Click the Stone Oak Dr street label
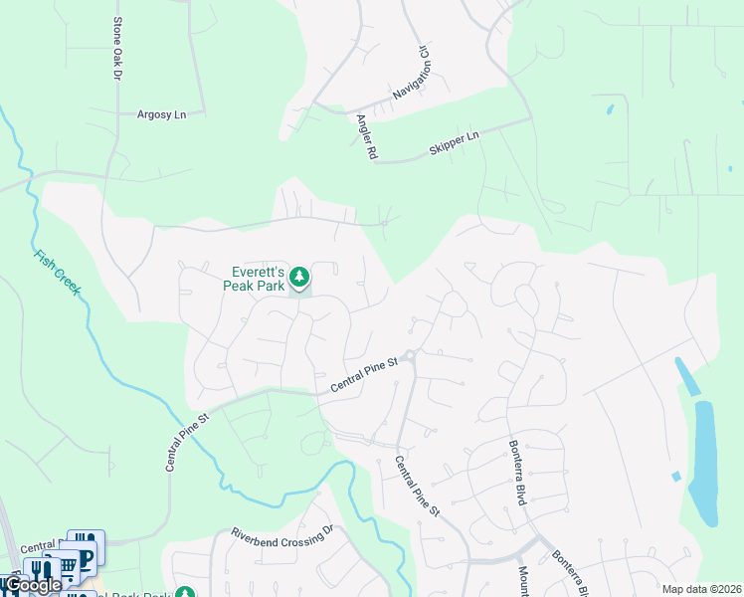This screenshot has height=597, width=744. pyautogui.click(x=117, y=49)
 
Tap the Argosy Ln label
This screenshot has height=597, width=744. pyautogui.click(x=161, y=115)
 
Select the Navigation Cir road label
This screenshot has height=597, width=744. pyautogui.click(x=413, y=73)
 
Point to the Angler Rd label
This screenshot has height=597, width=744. pyautogui.click(x=365, y=137)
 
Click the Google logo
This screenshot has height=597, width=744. pyautogui.click(x=33, y=585)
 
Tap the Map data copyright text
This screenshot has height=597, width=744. pyautogui.click(x=701, y=589)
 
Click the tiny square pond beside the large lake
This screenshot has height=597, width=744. pyautogui.click(x=676, y=477)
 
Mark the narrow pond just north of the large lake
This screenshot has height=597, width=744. pyautogui.click(x=685, y=376)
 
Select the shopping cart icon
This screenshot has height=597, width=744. pyautogui.click(x=68, y=568)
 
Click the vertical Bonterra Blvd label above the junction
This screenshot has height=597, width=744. pyautogui.click(x=516, y=473)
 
